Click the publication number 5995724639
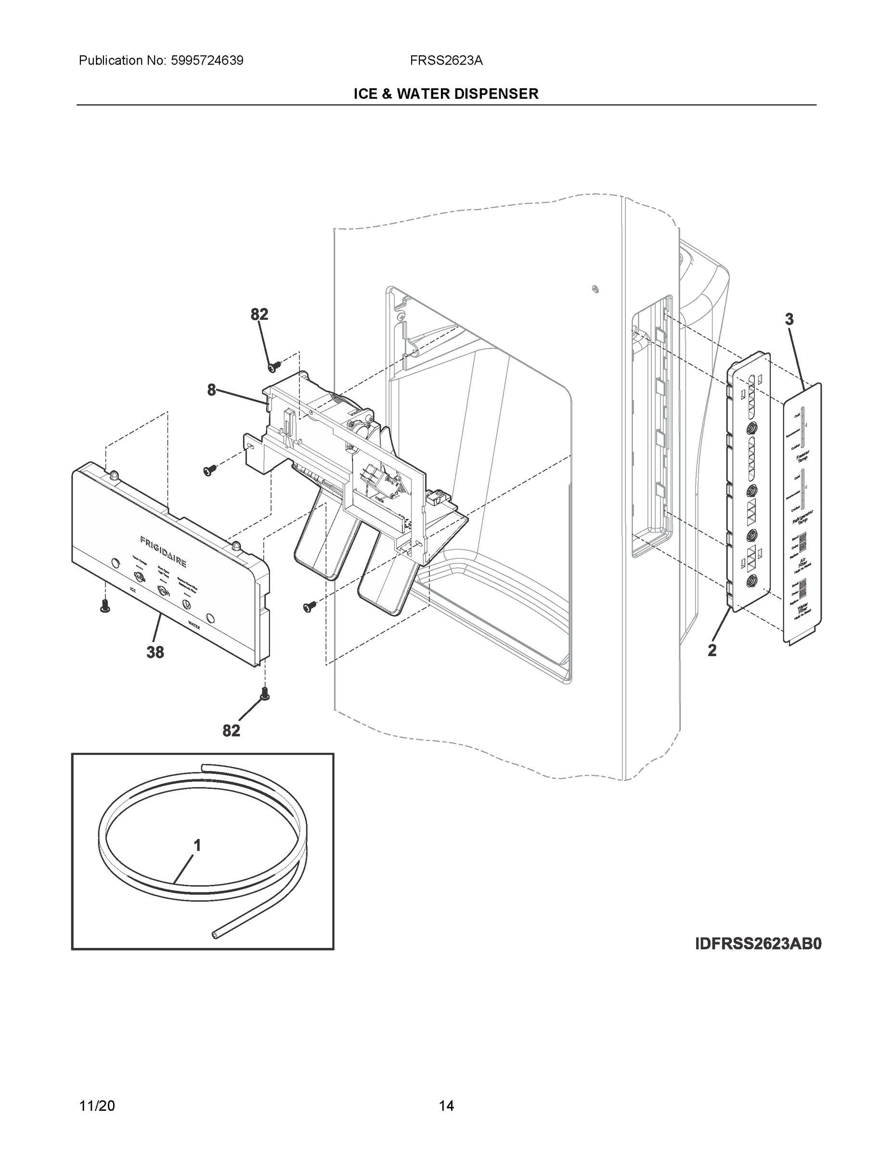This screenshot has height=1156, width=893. [x=207, y=61]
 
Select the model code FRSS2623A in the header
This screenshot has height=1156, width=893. [x=446, y=61]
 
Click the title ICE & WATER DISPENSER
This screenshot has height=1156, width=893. [x=446, y=94]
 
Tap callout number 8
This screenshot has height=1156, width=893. [x=212, y=391]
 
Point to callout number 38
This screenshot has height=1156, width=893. [x=155, y=653]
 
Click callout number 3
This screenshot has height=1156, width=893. [x=789, y=319]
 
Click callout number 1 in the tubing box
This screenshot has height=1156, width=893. [x=197, y=846]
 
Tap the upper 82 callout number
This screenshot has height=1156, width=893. [x=259, y=315]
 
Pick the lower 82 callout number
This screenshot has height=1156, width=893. [x=231, y=731]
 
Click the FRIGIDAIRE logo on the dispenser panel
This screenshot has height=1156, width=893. [x=163, y=551]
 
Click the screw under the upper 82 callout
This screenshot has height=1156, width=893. [x=274, y=365]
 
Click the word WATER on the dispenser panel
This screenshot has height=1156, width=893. [x=194, y=626]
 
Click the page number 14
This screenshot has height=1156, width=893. [x=446, y=1106]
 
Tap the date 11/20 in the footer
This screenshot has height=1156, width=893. [x=97, y=1106]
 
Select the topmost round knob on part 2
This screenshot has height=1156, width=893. [x=751, y=428]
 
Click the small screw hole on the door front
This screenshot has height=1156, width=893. [x=595, y=289]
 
